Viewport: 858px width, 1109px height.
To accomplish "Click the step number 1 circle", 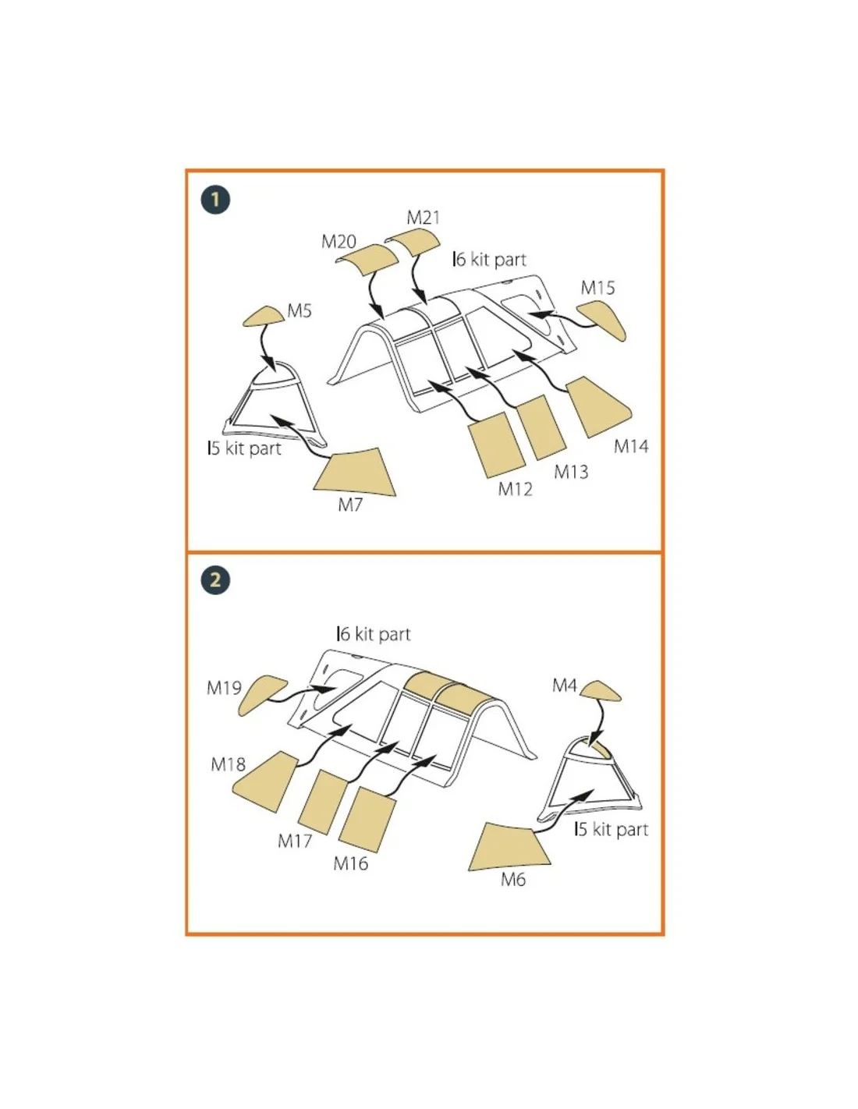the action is [x=214, y=199].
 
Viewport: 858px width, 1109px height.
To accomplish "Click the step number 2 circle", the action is [x=214, y=579].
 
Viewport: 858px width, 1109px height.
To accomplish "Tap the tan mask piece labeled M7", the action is [x=356, y=473].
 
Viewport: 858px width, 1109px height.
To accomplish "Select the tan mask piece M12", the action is [x=497, y=445].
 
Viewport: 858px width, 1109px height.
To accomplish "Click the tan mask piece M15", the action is [x=602, y=320].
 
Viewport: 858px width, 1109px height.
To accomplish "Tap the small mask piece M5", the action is [x=263, y=317].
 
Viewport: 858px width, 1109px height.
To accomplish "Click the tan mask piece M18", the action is [x=265, y=781].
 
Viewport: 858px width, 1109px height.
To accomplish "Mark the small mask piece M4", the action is [x=601, y=690].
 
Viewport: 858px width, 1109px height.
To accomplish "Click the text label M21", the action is [x=423, y=218].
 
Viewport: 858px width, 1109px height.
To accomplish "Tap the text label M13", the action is [x=571, y=472].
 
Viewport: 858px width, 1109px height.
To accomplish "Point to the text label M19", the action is [x=224, y=688].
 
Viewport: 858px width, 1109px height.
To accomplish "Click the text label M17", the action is [x=295, y=841].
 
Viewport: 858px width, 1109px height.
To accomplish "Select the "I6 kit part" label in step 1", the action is [x=489, y=260].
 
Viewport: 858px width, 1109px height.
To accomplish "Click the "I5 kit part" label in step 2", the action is [x=611, y=829].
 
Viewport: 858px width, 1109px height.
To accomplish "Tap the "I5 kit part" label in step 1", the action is [x=244, y=448].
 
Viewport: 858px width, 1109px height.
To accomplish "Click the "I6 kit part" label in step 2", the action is [x=374, y=634].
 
